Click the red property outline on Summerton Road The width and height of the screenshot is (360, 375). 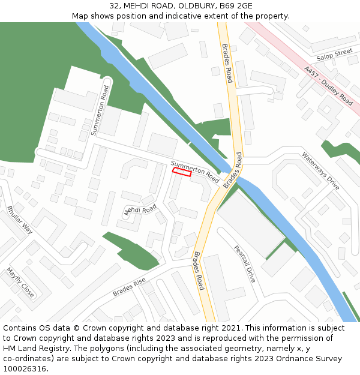(x=182, y=173)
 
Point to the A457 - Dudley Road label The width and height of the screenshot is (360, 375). (x=328, y=86)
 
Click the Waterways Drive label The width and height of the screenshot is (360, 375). (x=321, y=171)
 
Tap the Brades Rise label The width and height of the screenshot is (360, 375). (x=129, y=287)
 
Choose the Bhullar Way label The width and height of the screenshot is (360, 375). (x=20, y=220)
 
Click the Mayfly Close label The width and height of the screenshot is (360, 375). (x=20, y=282)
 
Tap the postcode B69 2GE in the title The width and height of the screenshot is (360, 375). (x=235, y=5)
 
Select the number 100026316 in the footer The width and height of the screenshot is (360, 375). (x=26, y=368)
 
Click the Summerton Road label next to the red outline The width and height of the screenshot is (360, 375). (x=195, y=172)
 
